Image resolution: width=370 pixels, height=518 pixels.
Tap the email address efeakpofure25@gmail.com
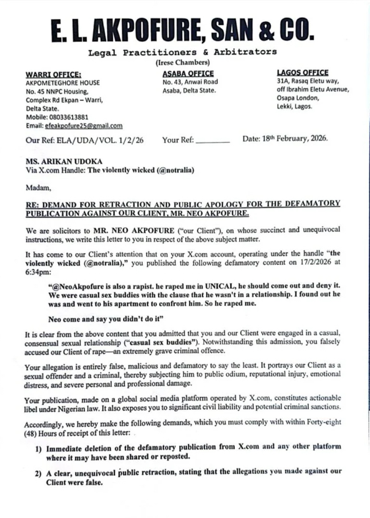(x=83, y=125)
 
